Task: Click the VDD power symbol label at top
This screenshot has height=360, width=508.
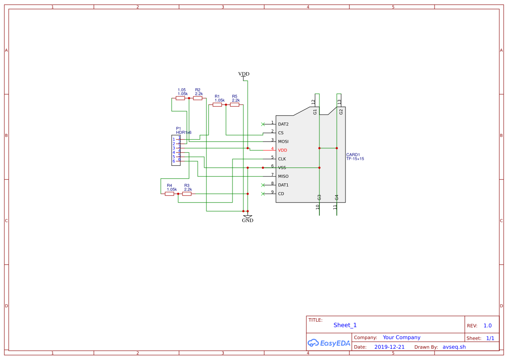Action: pyautogui.click(x=244, y=74)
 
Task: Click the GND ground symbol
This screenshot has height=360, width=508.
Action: pyautogui.click(x=248, y=217)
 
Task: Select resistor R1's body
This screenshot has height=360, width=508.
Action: pyautogui.click(x=217, y=105)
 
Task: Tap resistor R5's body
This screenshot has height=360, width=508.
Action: pyautogui.click(x=235, y=105)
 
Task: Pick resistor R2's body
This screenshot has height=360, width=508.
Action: pyautogui.click(x=198, y=98)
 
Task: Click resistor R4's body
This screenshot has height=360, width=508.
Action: pyautogui.click(x=169, y=194)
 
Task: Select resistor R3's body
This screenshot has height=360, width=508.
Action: pyautogui.click(x=187, y=194)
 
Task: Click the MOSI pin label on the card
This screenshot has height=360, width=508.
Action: pyautogui.click(x=283, y=142)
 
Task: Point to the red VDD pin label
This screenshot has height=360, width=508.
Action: pyautogui.click(x=282, y=150)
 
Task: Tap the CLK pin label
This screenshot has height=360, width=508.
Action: pyautogui.click(x=282, y=159)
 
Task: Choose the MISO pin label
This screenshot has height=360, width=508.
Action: pyautogui.click(x=283, y=176)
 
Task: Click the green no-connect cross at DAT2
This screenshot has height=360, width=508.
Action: pyautogui.click(x=263, y=124)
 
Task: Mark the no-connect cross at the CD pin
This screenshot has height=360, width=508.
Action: pyautogui.click(x=263, y=194)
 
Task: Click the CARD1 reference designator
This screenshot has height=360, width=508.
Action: pyautogui.click(x=353, y=154)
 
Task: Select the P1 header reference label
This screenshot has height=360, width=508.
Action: pyautogui.click(x=179, y=129)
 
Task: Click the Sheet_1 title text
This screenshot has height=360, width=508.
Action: pyautogui.click(x=345, y=325)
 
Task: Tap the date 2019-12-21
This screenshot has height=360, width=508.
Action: pyautogui.click(x=389, y=347)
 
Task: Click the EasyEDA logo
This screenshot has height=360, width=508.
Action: pyautogui.click(x=329, y=343)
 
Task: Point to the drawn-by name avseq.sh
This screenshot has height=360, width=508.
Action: pyautogui.click(x=454, y=347)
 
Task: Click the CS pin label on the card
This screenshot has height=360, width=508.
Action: pyautogui.click(x=281, y=133)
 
